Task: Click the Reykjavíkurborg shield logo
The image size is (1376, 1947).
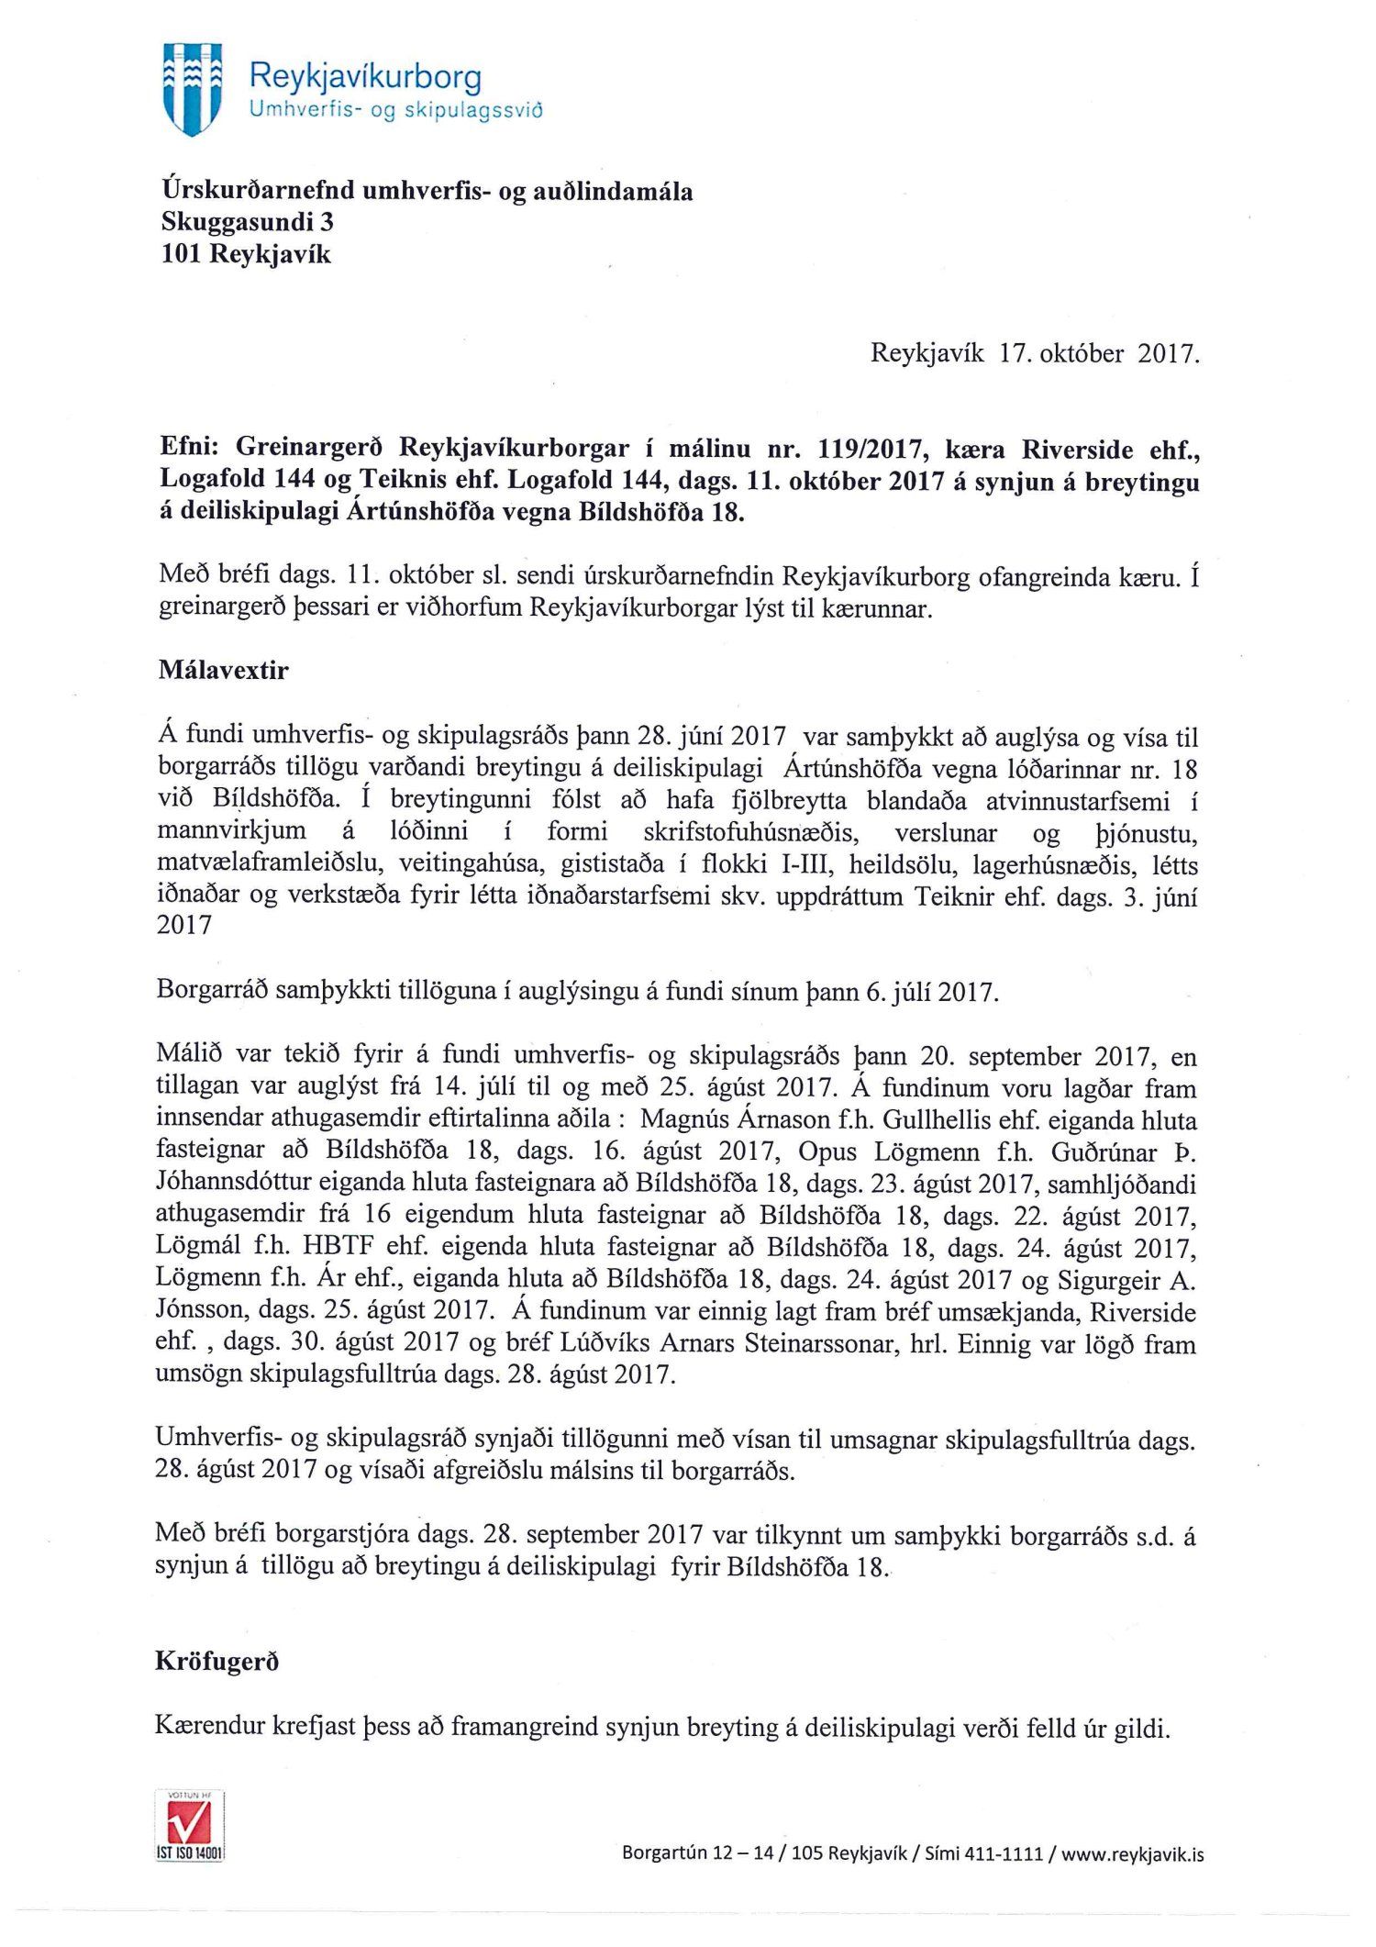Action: click(x=191, y=88)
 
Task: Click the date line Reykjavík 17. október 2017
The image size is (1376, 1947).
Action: click(x=1034, y=354)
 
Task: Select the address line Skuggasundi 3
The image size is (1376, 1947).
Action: click(x=248, y=222)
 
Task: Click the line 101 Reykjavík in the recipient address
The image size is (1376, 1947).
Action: click(x=246, y=253)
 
